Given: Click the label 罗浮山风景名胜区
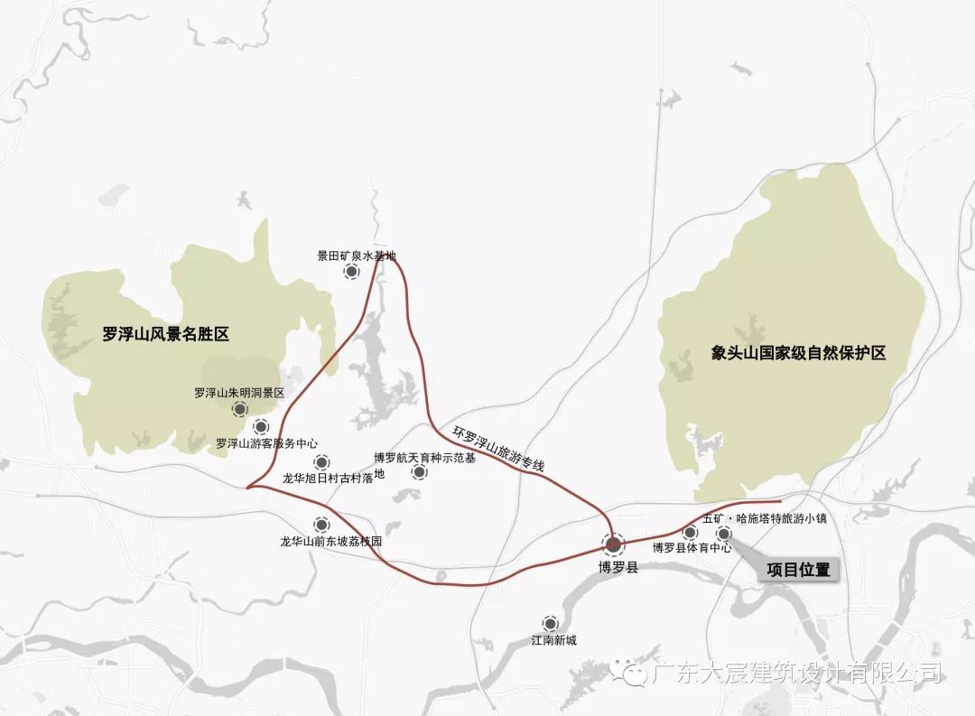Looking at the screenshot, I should point(166,334).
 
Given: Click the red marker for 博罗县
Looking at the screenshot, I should point(613,544).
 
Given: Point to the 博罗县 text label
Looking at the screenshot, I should point(618,569).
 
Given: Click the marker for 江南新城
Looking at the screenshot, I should point(550,623).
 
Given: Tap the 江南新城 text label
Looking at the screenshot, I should point(553,641).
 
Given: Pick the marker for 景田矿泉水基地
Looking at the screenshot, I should point(351,270).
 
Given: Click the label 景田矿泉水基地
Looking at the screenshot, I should point(356,256).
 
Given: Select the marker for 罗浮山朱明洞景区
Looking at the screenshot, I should point(239,409).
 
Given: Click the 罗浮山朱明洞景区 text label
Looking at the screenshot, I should point(239,393).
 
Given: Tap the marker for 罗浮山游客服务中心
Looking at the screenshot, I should point(261,426).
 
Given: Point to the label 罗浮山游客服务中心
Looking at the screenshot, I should point(267,443).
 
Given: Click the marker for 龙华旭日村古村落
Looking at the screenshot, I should point(321,461).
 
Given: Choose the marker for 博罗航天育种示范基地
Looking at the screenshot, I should point(419,472).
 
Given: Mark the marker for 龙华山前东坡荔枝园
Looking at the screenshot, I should point(321,525).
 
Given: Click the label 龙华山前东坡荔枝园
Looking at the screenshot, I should point(331,543).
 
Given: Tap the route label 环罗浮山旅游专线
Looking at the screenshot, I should point(499,448).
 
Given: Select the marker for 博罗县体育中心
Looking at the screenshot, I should point(691,533).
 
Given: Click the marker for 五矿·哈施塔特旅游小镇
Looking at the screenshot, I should point(724,533).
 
